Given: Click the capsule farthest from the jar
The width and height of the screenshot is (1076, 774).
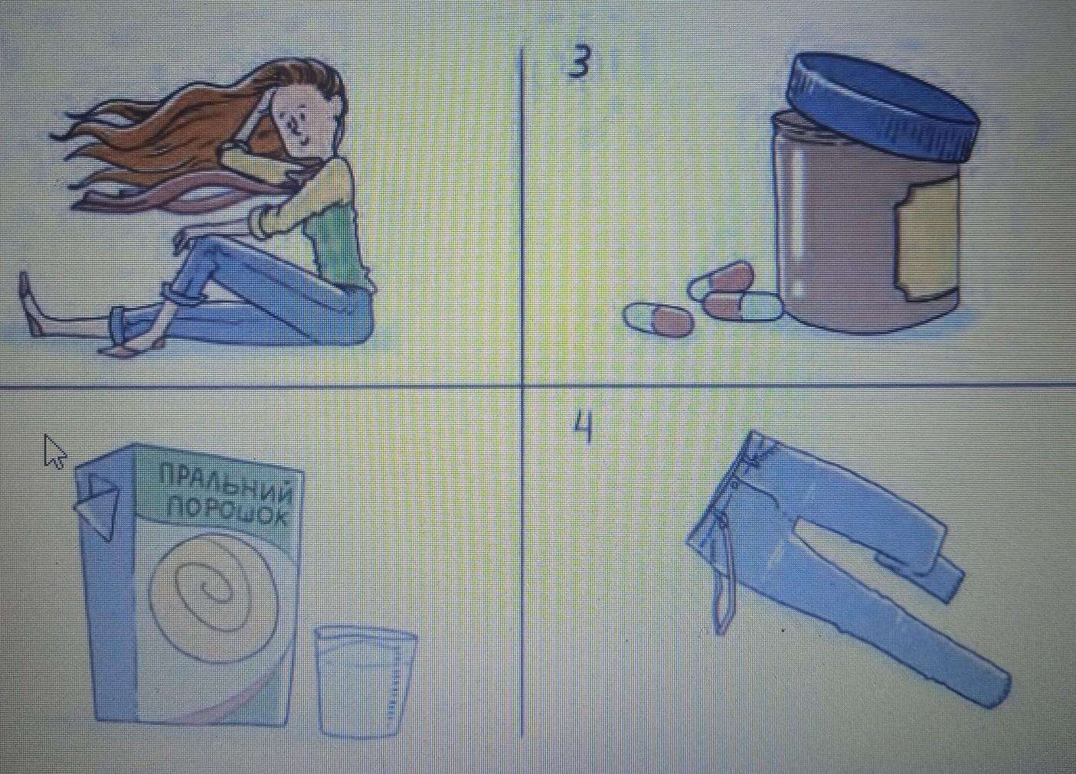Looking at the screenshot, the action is coord(659,318).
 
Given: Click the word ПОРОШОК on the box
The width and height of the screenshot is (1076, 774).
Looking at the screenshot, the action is coord(226,514).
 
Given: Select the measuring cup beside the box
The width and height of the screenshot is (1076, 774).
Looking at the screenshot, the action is coord(365,682).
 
